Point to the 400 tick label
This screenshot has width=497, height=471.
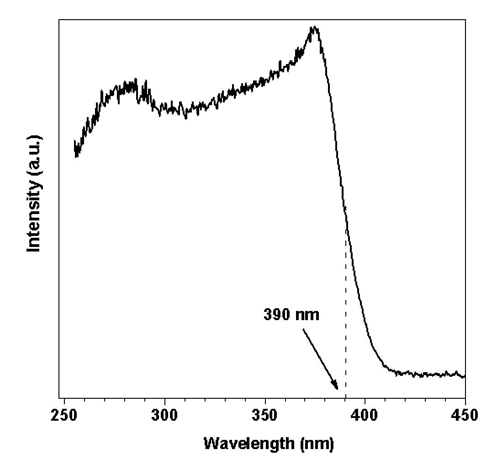(365, 415)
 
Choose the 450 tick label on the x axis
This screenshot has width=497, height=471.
(465, 415)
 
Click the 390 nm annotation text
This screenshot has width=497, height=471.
(291, 315)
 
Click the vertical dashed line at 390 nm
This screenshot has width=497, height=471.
(346, 320)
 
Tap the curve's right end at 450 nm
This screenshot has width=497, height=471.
(465, 376)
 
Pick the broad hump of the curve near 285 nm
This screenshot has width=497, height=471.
(130, 85)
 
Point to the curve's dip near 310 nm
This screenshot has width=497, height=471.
(186, 117)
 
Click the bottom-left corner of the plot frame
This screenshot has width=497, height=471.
(59, 397)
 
